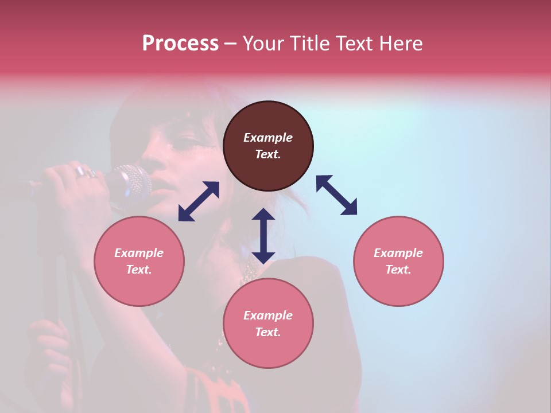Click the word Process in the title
180,43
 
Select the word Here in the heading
401,43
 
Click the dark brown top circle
268,146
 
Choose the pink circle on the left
139,261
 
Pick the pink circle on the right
398,261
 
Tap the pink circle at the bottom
268,323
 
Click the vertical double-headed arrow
263,236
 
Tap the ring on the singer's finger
82,171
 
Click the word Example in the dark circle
268,138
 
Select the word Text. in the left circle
139,270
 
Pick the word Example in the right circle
398,253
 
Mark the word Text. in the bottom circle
268,332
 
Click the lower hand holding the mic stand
49,344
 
